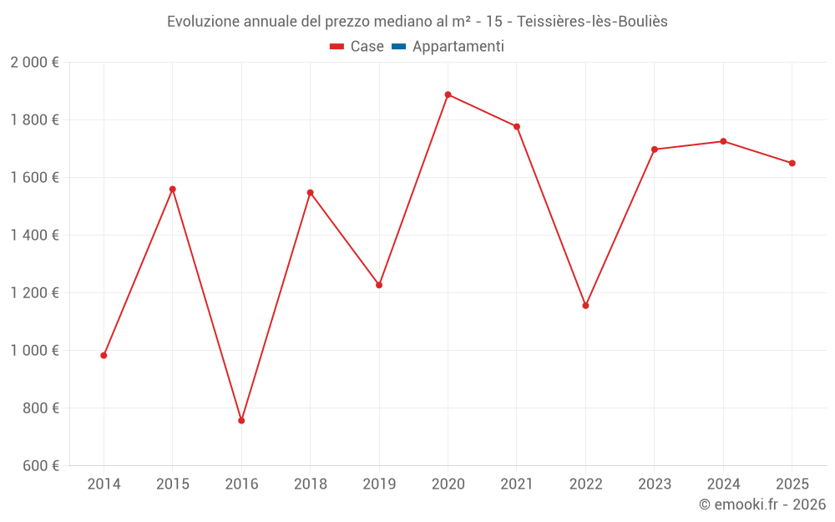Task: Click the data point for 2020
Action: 448,94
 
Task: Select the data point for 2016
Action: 241,420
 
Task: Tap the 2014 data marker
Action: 104,355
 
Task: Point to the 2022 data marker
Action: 585,306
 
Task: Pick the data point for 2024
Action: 723,141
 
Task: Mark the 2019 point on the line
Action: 379,285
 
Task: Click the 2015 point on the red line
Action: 173,189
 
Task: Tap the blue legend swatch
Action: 398,47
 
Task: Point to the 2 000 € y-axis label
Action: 34,62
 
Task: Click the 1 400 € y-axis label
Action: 34,235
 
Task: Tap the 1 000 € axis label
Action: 34,350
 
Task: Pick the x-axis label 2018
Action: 310,484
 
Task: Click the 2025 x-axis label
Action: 792,484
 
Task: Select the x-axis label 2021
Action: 517,484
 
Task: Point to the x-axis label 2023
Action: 654,484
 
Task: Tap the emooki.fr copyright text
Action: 762,504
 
